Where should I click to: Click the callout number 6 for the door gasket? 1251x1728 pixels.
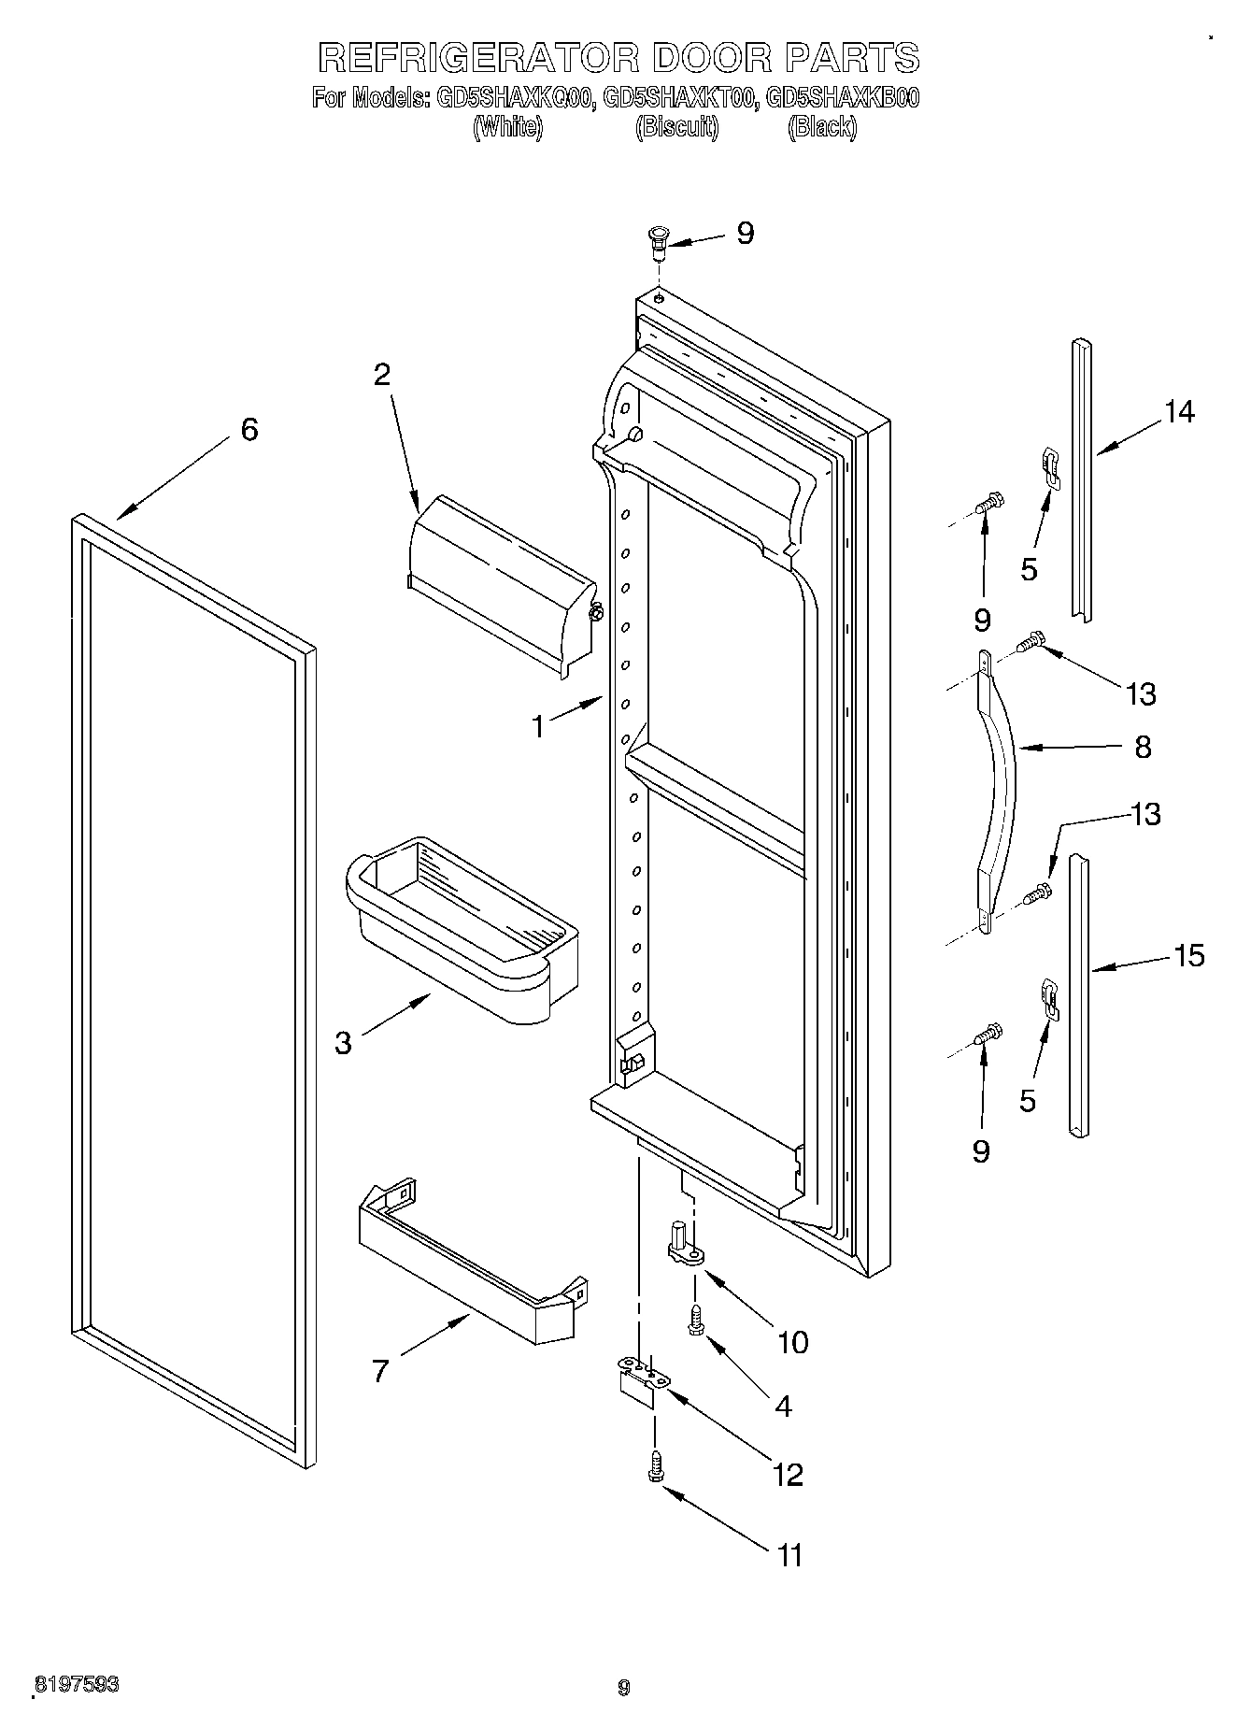[x=249, y=430]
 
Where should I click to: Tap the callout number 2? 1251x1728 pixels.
[x=381, y=375]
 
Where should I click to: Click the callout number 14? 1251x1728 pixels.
[x=1179, y=411]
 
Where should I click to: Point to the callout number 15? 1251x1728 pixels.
[x=1188, y=956]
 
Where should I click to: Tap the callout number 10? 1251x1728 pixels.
[x=792, y=1342]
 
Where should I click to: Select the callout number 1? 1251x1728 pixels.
[x=538, y=726]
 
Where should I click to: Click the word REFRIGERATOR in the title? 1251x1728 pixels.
[x=478, y=58]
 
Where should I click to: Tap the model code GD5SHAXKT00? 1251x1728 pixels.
[x=679, y=97]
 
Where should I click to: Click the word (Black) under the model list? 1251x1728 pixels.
[x=821, y=127]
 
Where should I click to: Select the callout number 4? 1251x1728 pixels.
[x=783, y=1406]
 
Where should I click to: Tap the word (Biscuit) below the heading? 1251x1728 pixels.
[x=676, y=127]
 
